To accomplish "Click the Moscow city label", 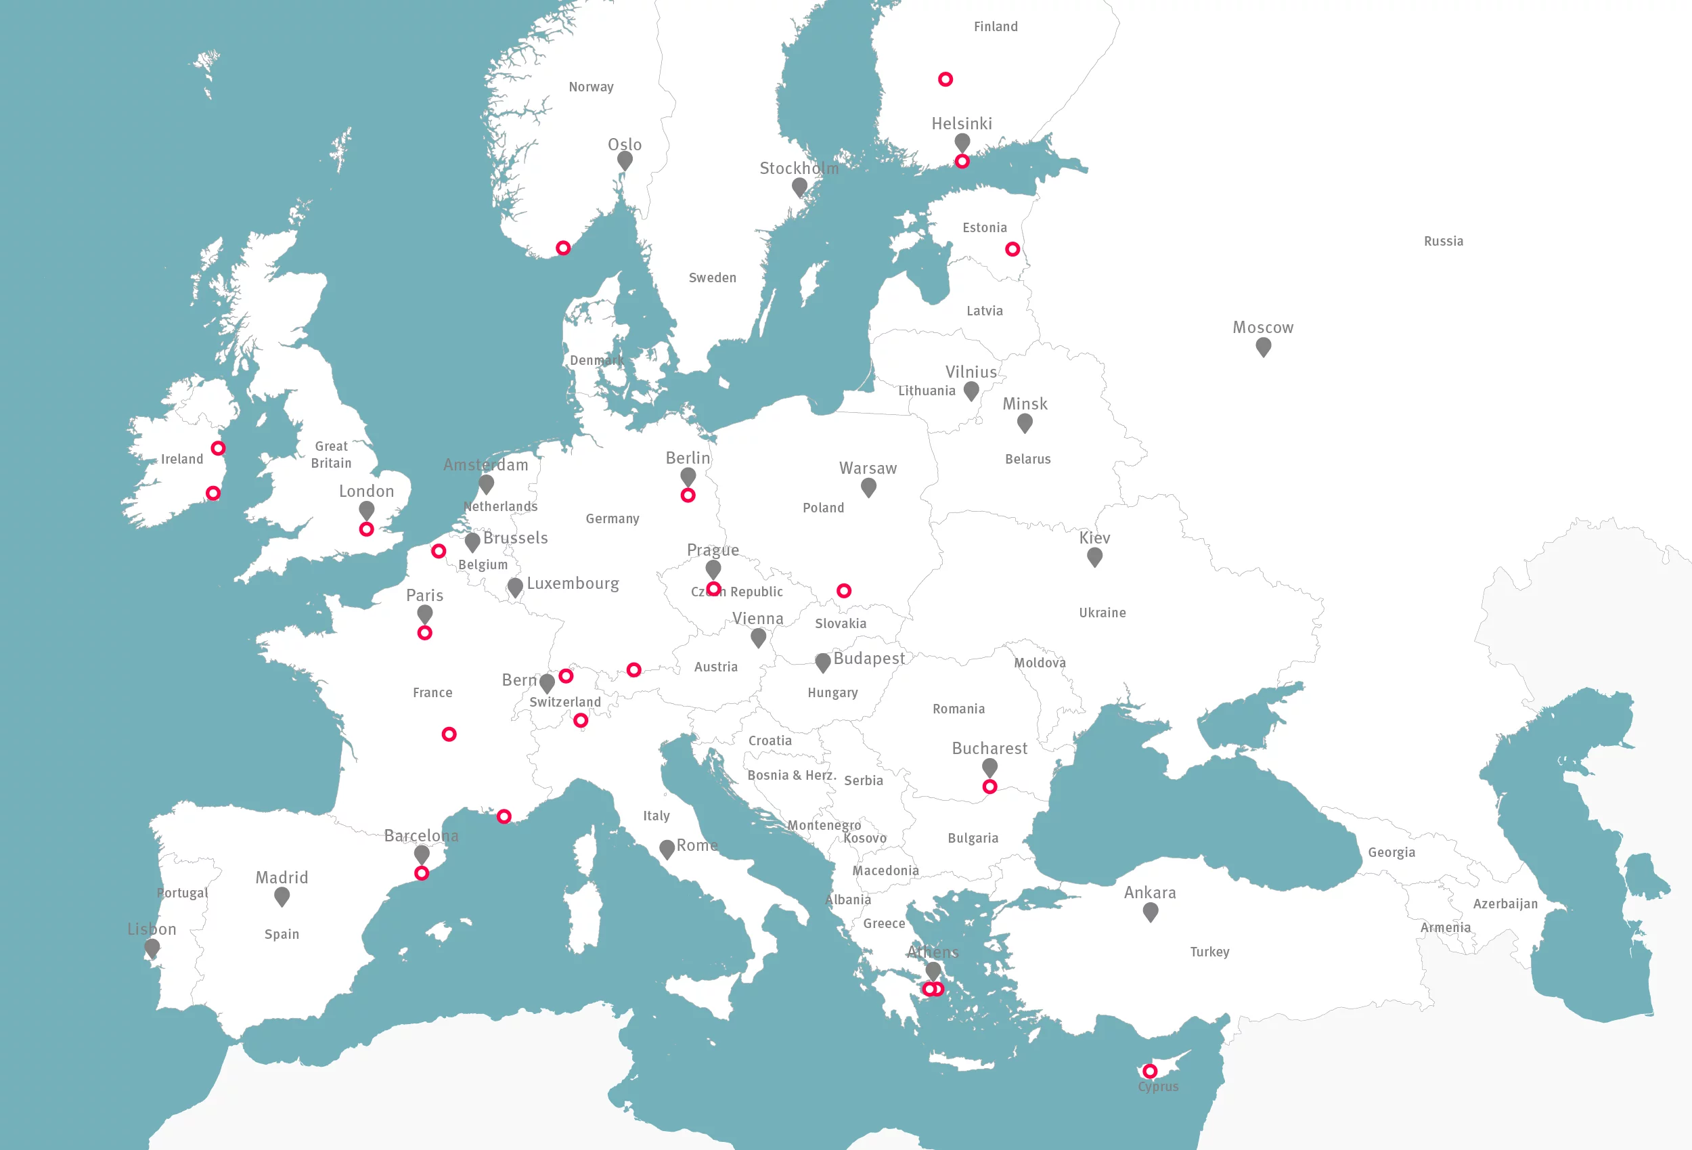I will coord(1262,328).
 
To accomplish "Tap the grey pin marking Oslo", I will coord(625,160).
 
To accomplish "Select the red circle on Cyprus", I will coord(1150,1071).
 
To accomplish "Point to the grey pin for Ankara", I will coord(1151,911).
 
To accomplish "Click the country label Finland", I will coord(996,27).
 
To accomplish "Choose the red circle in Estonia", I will coord(1012,249).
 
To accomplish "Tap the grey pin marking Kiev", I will coord(1094,556).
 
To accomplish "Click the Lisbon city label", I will coord(152,929).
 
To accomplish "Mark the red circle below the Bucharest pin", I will coord(989,787).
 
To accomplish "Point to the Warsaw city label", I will coord(868,468).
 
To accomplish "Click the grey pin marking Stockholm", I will coord(799,186).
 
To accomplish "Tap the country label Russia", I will coord(1443,241).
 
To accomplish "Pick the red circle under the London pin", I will coord(366,529).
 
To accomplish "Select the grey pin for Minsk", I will coord(1025,422).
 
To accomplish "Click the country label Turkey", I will coord(1209,952).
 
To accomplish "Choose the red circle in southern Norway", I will coord(563,248).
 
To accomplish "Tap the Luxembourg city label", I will coord(573,583).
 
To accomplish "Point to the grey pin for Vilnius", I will coord(971,391).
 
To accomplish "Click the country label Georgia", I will coord(1391,852).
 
